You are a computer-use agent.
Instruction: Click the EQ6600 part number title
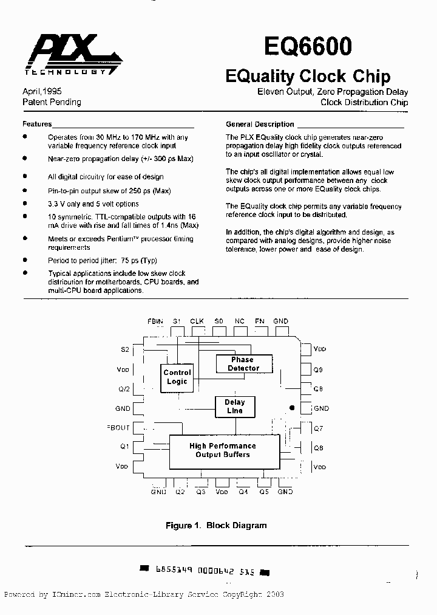coord(308,47)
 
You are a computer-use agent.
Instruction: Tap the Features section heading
coord(37,123)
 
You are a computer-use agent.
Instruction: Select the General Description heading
coord(260,124)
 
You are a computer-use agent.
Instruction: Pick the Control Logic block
coord(177,377)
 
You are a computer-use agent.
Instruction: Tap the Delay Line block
coord(234,406)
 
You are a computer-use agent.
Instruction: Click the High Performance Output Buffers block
coord(223,450)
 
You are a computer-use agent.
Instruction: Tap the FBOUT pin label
coord(118,428)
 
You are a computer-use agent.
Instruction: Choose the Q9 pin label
coord(319,369)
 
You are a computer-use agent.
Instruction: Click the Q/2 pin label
coord(123,389)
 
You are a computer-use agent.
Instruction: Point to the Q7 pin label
coord(318,428)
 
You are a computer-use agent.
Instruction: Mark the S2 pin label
coord(124,349)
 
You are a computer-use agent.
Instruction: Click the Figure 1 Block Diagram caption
coord(216,525)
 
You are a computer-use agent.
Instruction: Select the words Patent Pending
coord(52,102)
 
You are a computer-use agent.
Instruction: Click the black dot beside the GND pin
coord(292,408)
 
